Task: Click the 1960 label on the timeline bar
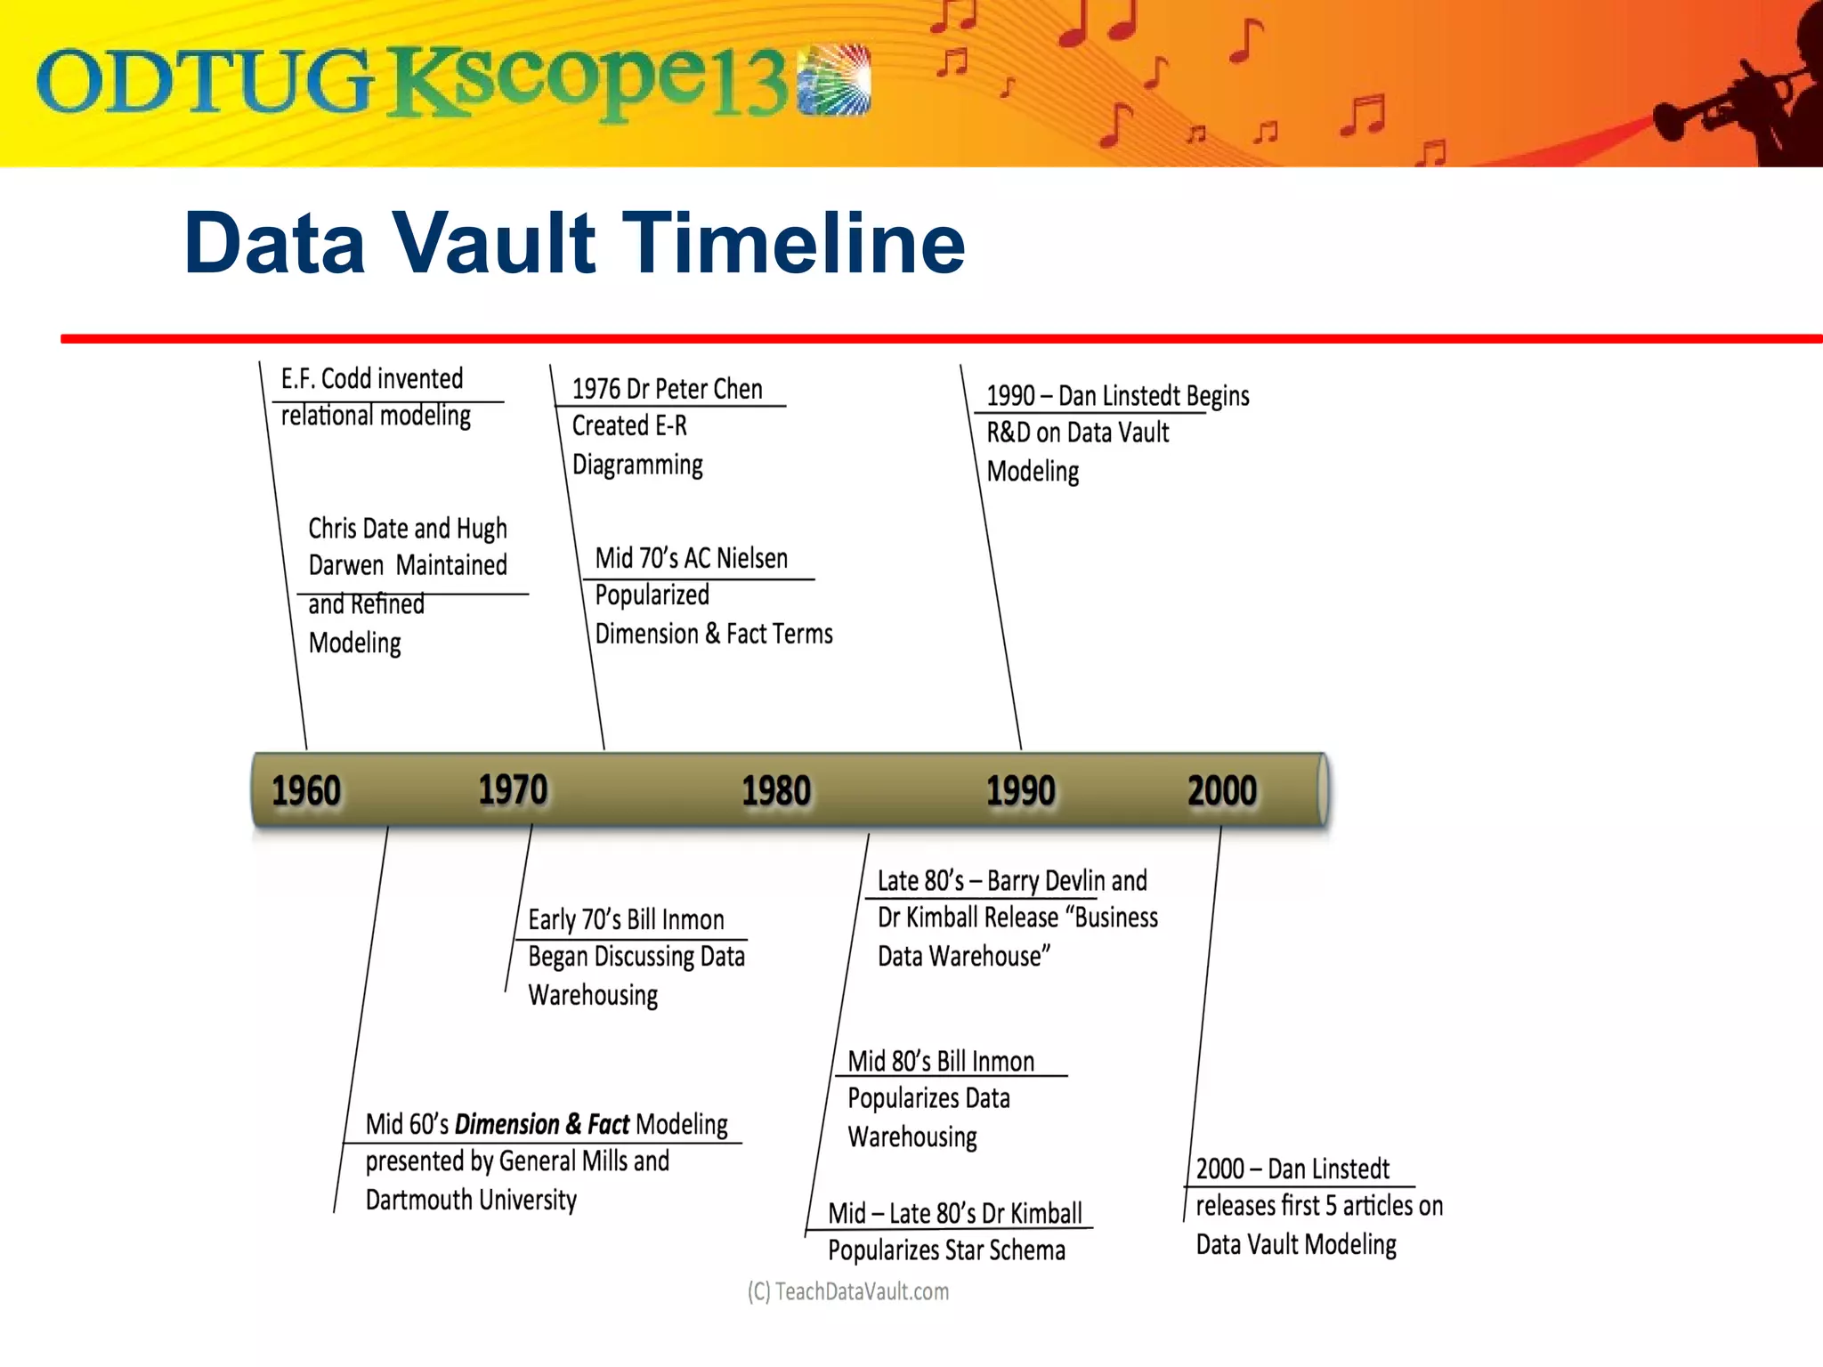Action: (305, 791)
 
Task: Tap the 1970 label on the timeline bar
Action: (513, 790)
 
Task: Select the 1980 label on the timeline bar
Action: (776, 791)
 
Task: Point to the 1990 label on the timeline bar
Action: (1020, 791)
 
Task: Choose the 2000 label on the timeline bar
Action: (1222, 791)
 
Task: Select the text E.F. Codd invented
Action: (372, 379)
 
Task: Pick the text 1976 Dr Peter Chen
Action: (667, 389)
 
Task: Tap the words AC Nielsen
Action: (736, 558)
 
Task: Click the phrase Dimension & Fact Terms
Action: (713, 634)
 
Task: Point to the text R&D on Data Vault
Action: (1077, 433)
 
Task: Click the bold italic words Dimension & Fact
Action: (541, 1124)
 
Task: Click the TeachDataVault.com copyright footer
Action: (847, 1291)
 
